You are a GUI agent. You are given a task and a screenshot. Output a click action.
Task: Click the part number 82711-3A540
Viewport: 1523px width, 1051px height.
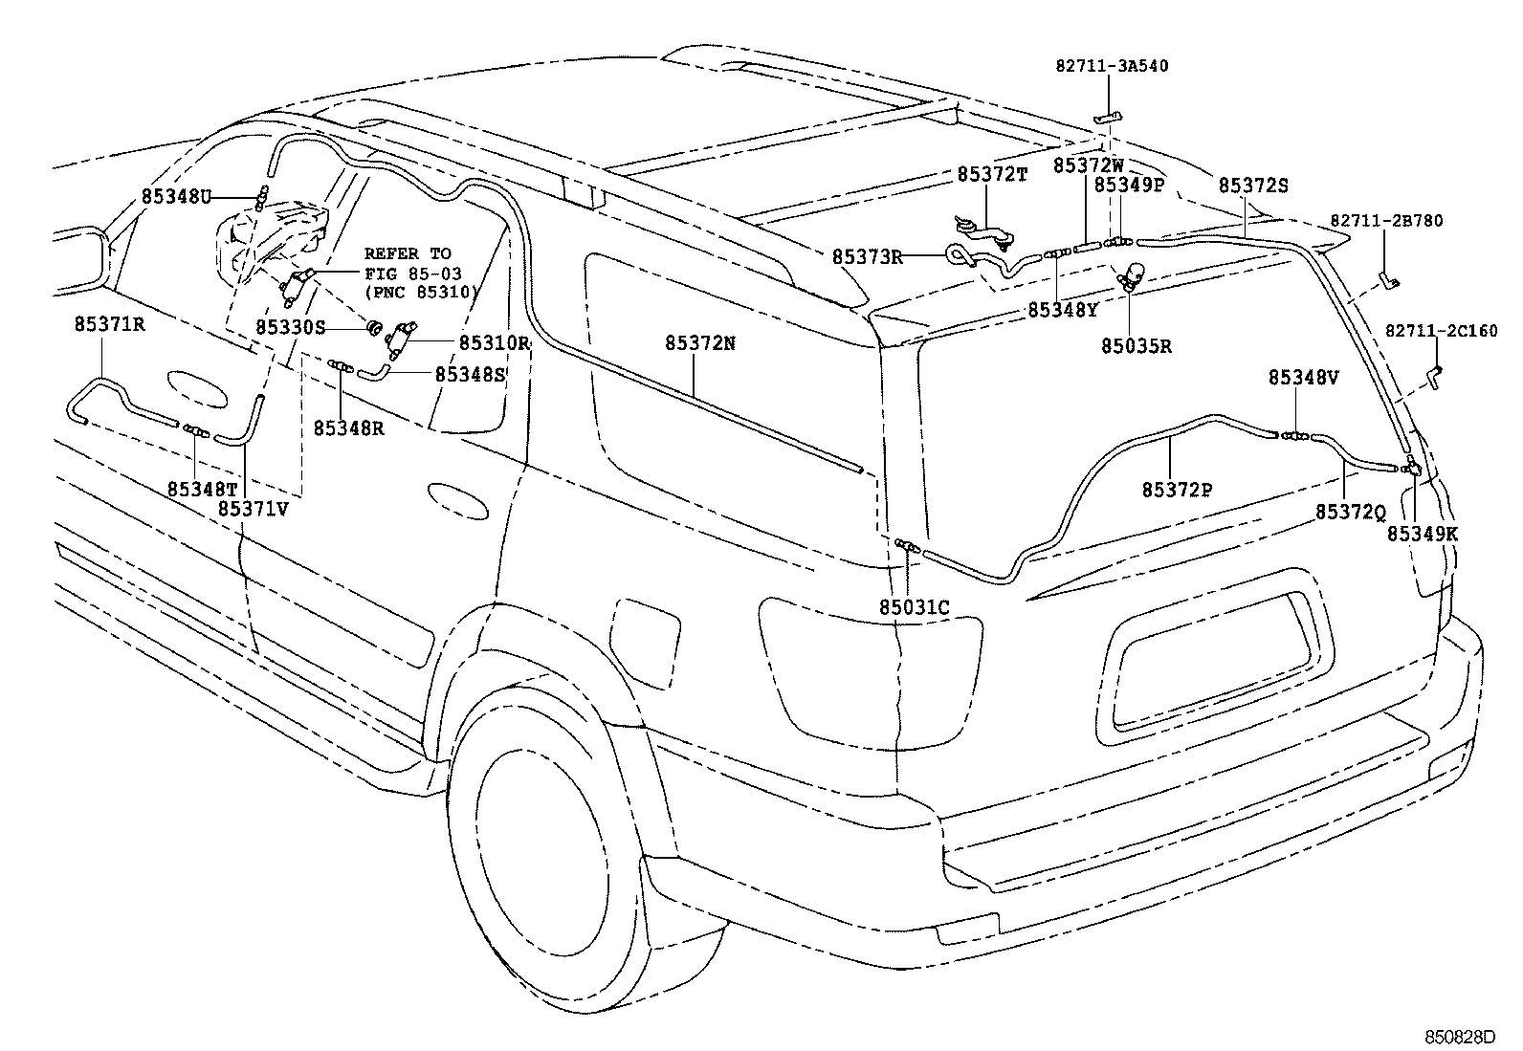coord(1112,66)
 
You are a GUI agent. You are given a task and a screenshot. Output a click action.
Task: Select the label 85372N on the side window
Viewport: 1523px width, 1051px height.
coord(700,342)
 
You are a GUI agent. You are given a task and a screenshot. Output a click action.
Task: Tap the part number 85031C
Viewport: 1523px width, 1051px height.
coord(915,607)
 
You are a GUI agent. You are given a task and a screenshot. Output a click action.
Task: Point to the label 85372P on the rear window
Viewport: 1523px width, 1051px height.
coord(1177,490)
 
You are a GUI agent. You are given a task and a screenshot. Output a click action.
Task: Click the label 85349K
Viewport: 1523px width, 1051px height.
coord(1423,535)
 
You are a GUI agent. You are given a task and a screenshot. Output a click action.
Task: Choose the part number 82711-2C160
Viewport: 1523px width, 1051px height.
coord(1441,331)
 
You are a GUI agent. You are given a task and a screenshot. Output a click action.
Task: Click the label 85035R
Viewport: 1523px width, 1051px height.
coord(1136,346)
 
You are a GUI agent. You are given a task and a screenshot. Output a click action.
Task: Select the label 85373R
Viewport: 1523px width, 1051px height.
coord(867,256)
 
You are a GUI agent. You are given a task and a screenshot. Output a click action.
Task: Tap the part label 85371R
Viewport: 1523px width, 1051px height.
coord(109,324)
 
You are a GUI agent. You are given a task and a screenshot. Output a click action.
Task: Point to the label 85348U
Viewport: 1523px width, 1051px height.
coord(176,197)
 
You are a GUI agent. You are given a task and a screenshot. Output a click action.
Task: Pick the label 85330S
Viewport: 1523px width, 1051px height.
coord(291,327)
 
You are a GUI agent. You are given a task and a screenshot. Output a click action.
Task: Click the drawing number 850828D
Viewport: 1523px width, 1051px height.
coord(1458,1037)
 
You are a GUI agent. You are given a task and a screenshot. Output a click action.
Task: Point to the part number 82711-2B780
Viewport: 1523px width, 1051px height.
coord(1385,221)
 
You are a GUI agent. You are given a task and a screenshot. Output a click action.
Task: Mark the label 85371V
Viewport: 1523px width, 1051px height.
coord(253,509)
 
